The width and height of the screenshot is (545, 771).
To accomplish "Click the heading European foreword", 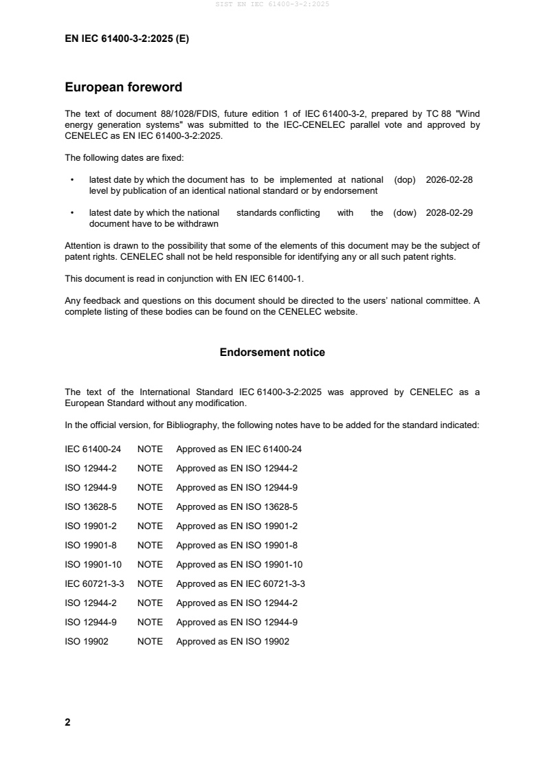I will [x=123, y=87].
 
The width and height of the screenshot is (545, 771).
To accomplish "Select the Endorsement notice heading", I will [x=272, y=353].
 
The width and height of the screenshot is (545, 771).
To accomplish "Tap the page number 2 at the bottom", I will [x=67, y=722].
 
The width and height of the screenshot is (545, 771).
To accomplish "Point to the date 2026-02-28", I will [x=449, y=179].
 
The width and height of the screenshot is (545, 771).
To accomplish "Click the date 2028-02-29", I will [x=449, y=213].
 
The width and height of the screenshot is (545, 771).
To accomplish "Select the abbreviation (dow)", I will [x=405, y=213].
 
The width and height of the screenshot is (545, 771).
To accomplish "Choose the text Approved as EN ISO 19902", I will [x=233, y=641].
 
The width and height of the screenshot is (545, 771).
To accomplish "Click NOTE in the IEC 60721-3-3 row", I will [x=150, y=583].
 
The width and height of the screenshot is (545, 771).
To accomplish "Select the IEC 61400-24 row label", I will [x=93, y=449].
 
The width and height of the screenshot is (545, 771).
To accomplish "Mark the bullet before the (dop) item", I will [x=72, y=179].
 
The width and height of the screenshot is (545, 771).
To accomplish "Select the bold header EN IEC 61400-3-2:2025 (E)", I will [x=126, y=39].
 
